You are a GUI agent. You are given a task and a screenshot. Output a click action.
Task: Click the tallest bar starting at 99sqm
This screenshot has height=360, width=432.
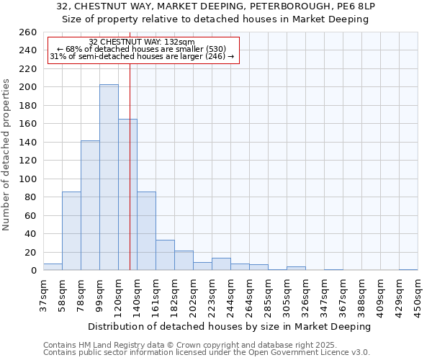click(x=109, y=177)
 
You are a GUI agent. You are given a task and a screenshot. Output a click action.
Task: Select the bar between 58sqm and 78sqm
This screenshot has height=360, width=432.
click(x=71, y=230)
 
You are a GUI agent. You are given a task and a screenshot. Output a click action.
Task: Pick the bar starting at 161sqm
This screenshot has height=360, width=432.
click(x=165, y=255)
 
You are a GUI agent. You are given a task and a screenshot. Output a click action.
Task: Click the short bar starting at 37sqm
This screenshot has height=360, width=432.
click(x=53, y=267)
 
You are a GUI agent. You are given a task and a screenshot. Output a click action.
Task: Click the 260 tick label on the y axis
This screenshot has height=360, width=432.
click(x=27, y=32)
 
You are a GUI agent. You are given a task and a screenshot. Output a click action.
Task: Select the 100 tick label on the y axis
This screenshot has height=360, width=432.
click(x=27, y=179)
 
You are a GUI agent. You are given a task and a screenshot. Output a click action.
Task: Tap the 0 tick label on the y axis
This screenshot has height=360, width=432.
click(x=33, y=271)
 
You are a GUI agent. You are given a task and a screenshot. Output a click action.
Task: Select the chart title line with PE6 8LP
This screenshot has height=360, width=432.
click(x=216, y=6)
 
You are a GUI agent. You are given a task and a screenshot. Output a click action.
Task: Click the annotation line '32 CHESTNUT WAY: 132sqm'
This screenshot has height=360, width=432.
click(x=142, y=42)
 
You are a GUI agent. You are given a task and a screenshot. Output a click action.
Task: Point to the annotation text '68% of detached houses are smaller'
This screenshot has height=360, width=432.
click(x=142, y=49)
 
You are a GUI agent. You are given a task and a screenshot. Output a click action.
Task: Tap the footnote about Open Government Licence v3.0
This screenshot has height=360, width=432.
click(x=207, y=353)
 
